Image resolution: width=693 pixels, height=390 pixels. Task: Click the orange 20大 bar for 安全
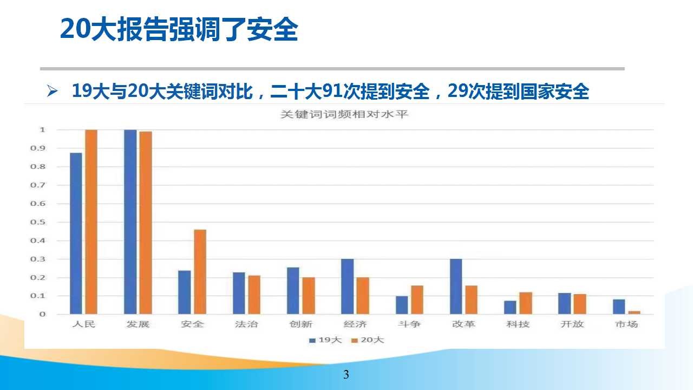[200, 272]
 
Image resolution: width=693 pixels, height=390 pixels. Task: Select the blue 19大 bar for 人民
[76, 233]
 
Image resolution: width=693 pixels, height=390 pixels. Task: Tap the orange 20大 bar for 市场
[634, 313]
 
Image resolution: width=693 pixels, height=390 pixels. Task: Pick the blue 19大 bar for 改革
[456, 287]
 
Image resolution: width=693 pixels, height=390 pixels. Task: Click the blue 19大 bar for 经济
[348, 287]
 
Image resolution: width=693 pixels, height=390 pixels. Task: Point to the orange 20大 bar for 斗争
[417, 300]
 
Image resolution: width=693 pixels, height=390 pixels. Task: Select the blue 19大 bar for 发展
[130, 222]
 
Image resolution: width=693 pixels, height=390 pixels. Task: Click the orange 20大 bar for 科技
[526, 303]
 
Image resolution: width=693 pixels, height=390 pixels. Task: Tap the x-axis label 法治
[246, 324]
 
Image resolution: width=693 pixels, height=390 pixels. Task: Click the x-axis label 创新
[300, 324]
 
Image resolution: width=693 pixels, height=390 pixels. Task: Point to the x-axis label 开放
[572, 324]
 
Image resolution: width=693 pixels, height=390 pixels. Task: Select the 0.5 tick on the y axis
[38, 222]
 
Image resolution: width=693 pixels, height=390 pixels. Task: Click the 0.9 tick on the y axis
[38, 148]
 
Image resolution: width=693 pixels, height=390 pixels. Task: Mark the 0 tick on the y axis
[42, 314]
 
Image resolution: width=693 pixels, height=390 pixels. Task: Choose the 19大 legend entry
[325, 340]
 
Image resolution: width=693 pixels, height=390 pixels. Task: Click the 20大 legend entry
[368, 340]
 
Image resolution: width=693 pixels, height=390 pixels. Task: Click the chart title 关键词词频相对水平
[344, 114]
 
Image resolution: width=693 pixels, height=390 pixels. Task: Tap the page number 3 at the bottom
[346, 374]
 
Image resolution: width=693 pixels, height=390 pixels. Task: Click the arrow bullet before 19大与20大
[52, 91]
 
